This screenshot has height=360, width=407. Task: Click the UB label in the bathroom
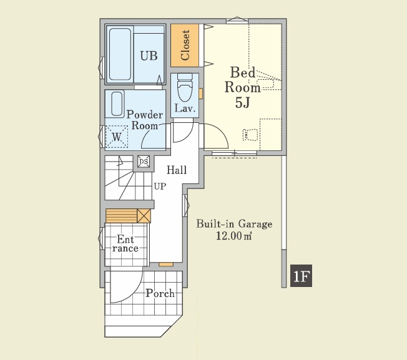[x=149, y=56]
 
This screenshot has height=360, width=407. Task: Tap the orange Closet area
[x=185, y=46]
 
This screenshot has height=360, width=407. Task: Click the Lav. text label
[x=185, y=108]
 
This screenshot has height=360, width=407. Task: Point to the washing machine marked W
[x=117, y=137]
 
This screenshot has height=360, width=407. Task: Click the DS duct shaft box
[x=144, y=162]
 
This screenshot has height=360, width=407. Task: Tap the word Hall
[x=177, y=170]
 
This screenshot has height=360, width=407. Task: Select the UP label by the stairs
[x=160, y=186]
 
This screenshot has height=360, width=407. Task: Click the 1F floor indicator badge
[x=301, y=276]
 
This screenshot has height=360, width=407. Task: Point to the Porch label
[x=160, y=293]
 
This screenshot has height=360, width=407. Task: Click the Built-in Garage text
[x=234, y=224]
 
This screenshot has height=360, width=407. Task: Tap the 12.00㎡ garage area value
[x=234, y=236]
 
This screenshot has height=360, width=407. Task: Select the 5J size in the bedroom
[x=242, y=103]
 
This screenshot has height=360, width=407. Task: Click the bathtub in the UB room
[x=120, y=54]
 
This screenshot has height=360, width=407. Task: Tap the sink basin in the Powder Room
[x=117, y=104]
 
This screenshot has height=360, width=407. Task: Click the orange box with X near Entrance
[x=144, y=216]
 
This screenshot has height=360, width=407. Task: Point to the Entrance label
[x=125, y=243]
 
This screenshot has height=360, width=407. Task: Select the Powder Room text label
[x=145, y=120]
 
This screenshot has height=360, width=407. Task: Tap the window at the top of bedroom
[x=237, y=20]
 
